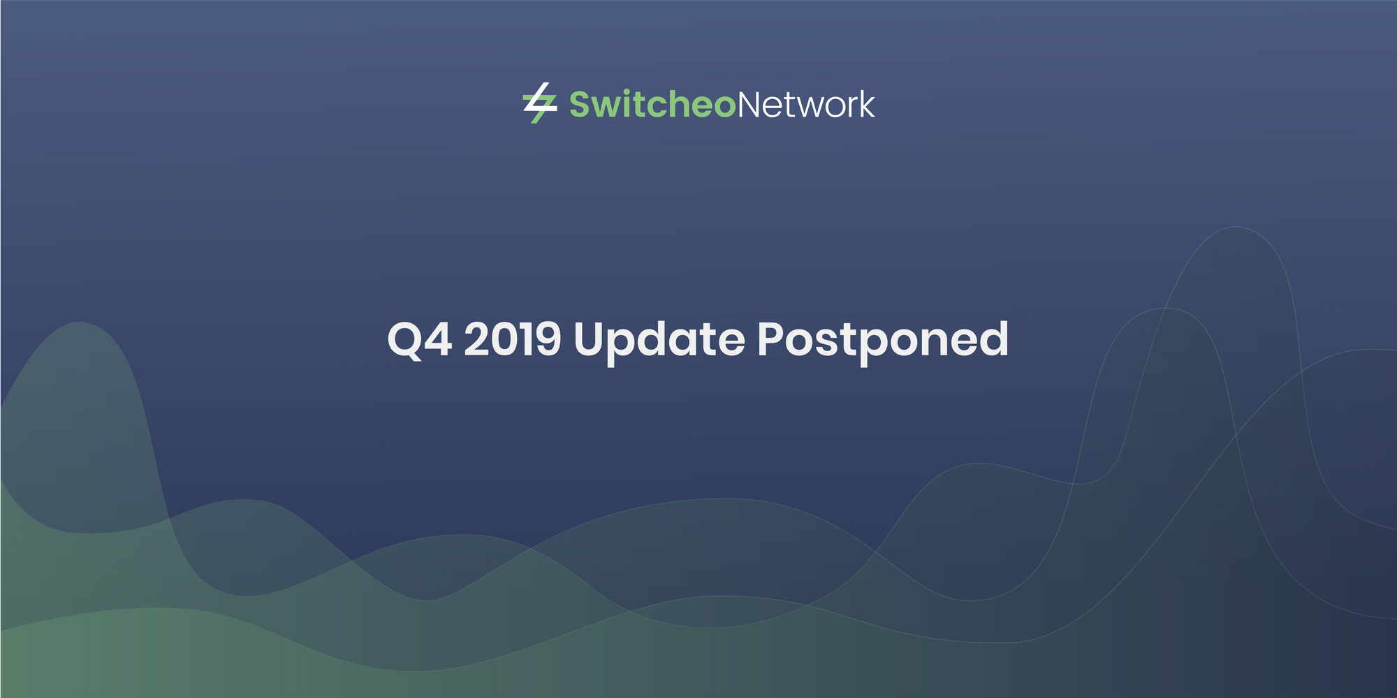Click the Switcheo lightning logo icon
coord(539,103)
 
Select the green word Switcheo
coord(652,105)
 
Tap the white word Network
coord(805,105)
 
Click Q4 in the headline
coord(419,340)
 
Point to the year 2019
coord(512,340)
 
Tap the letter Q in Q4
coord(405,340)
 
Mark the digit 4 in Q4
coord(439,340)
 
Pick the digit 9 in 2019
coord(548,340)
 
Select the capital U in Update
coord(591,340)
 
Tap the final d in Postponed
coord(993,339)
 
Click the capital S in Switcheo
coord(581,105)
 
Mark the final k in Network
coord(865,105)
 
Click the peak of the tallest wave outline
coord(1236,228)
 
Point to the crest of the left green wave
coord(80,322)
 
